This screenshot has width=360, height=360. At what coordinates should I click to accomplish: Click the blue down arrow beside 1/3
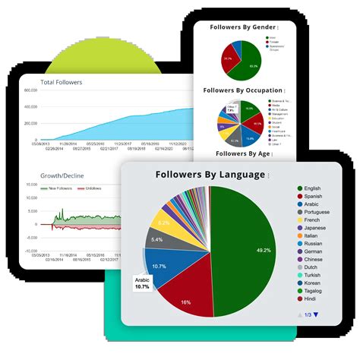(316, 314)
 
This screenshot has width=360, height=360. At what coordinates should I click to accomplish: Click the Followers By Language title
(210, 175)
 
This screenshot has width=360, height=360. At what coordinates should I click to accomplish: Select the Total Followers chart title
(62, 82)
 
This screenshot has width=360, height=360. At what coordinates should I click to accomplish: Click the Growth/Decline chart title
(62, 176)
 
